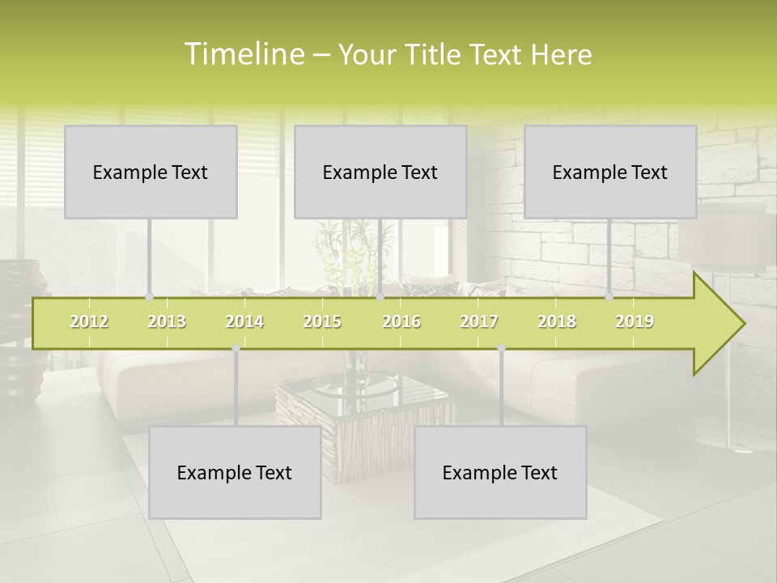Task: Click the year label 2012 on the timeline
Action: tap(89, 321)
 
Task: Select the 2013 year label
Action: tap(167, 321)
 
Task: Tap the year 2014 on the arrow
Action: tap(244, 321)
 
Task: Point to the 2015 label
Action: tap(322, 321)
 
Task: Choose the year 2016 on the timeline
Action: tap(401, 321)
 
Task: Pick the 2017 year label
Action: tap(479, 321)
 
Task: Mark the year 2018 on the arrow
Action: tap(557, 321)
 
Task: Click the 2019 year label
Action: tap(635, 321)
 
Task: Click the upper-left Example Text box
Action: tap(151, 172)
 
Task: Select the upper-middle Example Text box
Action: tap(380, 172)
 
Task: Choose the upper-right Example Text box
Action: tap(610, 172)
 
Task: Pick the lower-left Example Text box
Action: tap(235, 472)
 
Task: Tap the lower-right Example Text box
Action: tap(500, 472)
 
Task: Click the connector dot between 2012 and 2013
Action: tap(149, 297)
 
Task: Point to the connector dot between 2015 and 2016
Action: tap(380, 297)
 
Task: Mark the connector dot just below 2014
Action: tap(236, 348)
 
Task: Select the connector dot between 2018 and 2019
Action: tap(609, 297)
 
